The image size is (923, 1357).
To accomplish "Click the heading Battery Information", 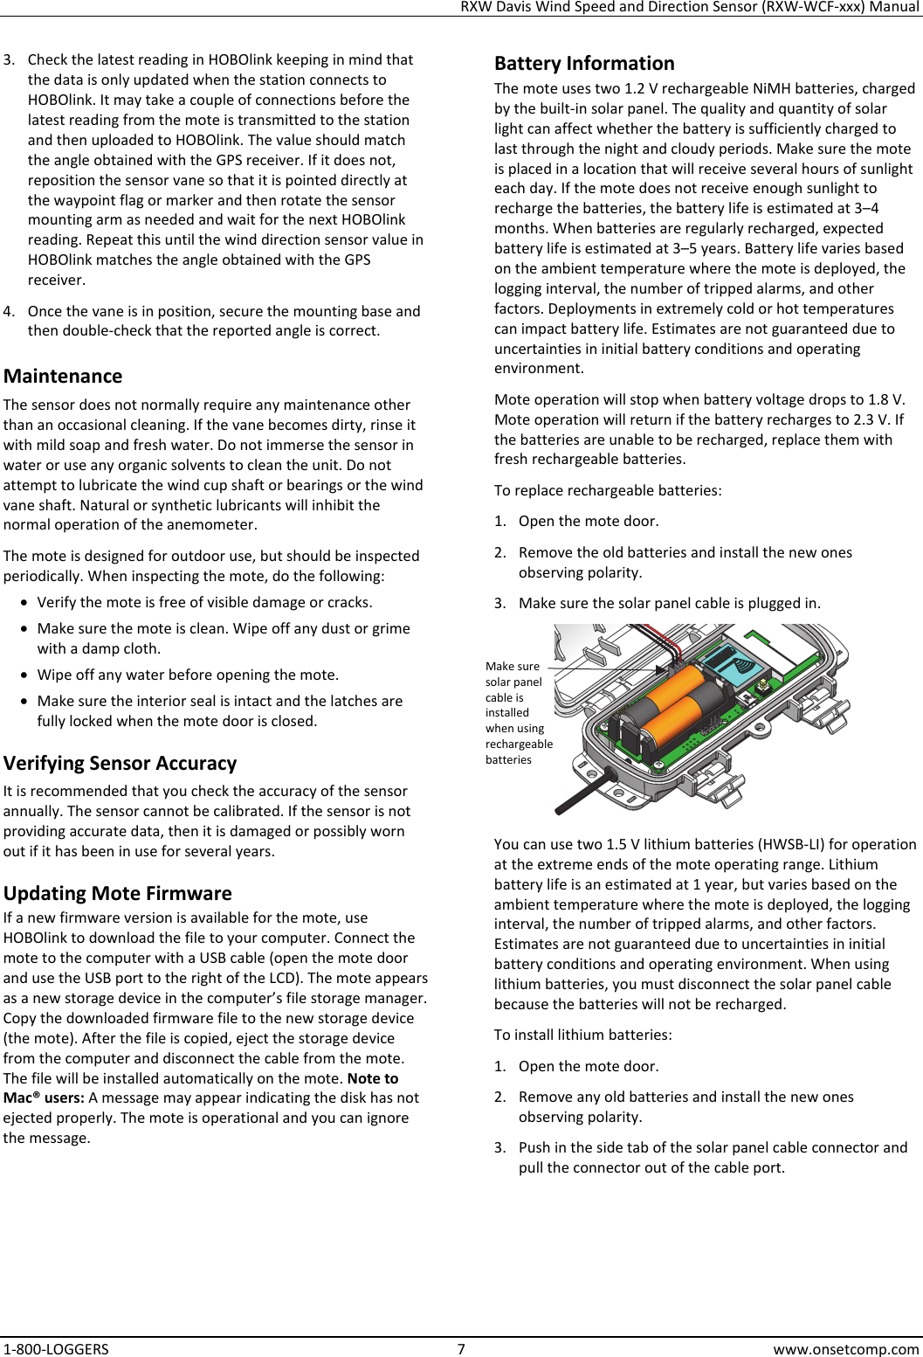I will pyautogui.click(x=584, y=64).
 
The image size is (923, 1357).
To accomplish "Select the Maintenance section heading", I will pyautogui.click(x=63, y=377).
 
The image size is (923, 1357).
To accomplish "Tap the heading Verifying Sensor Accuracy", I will pyautogui.click(x=120, y=764).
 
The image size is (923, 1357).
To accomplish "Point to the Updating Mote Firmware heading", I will pyautogui.click(x=117, y=893).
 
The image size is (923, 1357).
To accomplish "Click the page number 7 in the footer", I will pyautogui.click(x=461, y=1348).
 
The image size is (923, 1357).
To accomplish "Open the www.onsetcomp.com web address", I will pyautogui.click(x=846, y=1348).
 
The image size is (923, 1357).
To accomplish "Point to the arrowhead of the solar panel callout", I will pyautogui.click(x=661, y=669).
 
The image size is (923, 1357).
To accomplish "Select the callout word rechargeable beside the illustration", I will pyautogui.click(x=519, y=744).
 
